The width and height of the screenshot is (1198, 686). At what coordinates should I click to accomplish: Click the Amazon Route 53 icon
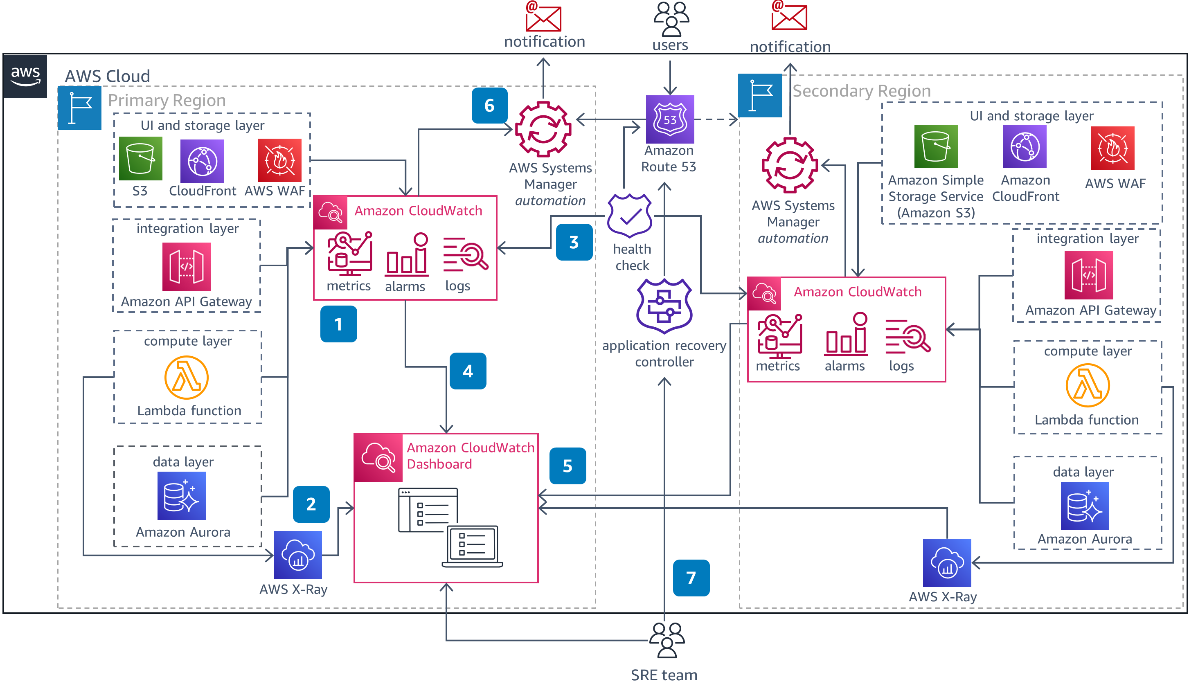click(669, 119)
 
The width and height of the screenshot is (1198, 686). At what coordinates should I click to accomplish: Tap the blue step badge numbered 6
click(489, 106)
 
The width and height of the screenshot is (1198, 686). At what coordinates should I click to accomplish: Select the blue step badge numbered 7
click(691, 578)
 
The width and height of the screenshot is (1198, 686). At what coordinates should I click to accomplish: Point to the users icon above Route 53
click(671, 19)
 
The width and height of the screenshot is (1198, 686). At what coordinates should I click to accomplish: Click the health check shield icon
click(629, 216)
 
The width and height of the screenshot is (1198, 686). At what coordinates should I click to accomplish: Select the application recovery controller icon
click(664, 306)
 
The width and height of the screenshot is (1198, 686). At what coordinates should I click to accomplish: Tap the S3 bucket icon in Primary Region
click(140, 159)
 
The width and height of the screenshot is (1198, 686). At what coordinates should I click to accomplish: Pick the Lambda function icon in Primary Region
click(186, 378)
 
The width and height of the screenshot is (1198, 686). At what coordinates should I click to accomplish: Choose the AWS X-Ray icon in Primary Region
click(297, 555)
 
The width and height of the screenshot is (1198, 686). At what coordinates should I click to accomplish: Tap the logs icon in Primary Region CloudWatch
click(465, 254)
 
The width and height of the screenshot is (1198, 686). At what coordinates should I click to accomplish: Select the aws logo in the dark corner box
click(25, 76)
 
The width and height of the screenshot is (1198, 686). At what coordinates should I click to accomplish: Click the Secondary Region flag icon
click(759, 95)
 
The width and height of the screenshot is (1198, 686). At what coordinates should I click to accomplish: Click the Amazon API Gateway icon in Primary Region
click(186, 267)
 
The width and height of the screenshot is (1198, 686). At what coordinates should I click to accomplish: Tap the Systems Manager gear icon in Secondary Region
click(790, 165)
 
